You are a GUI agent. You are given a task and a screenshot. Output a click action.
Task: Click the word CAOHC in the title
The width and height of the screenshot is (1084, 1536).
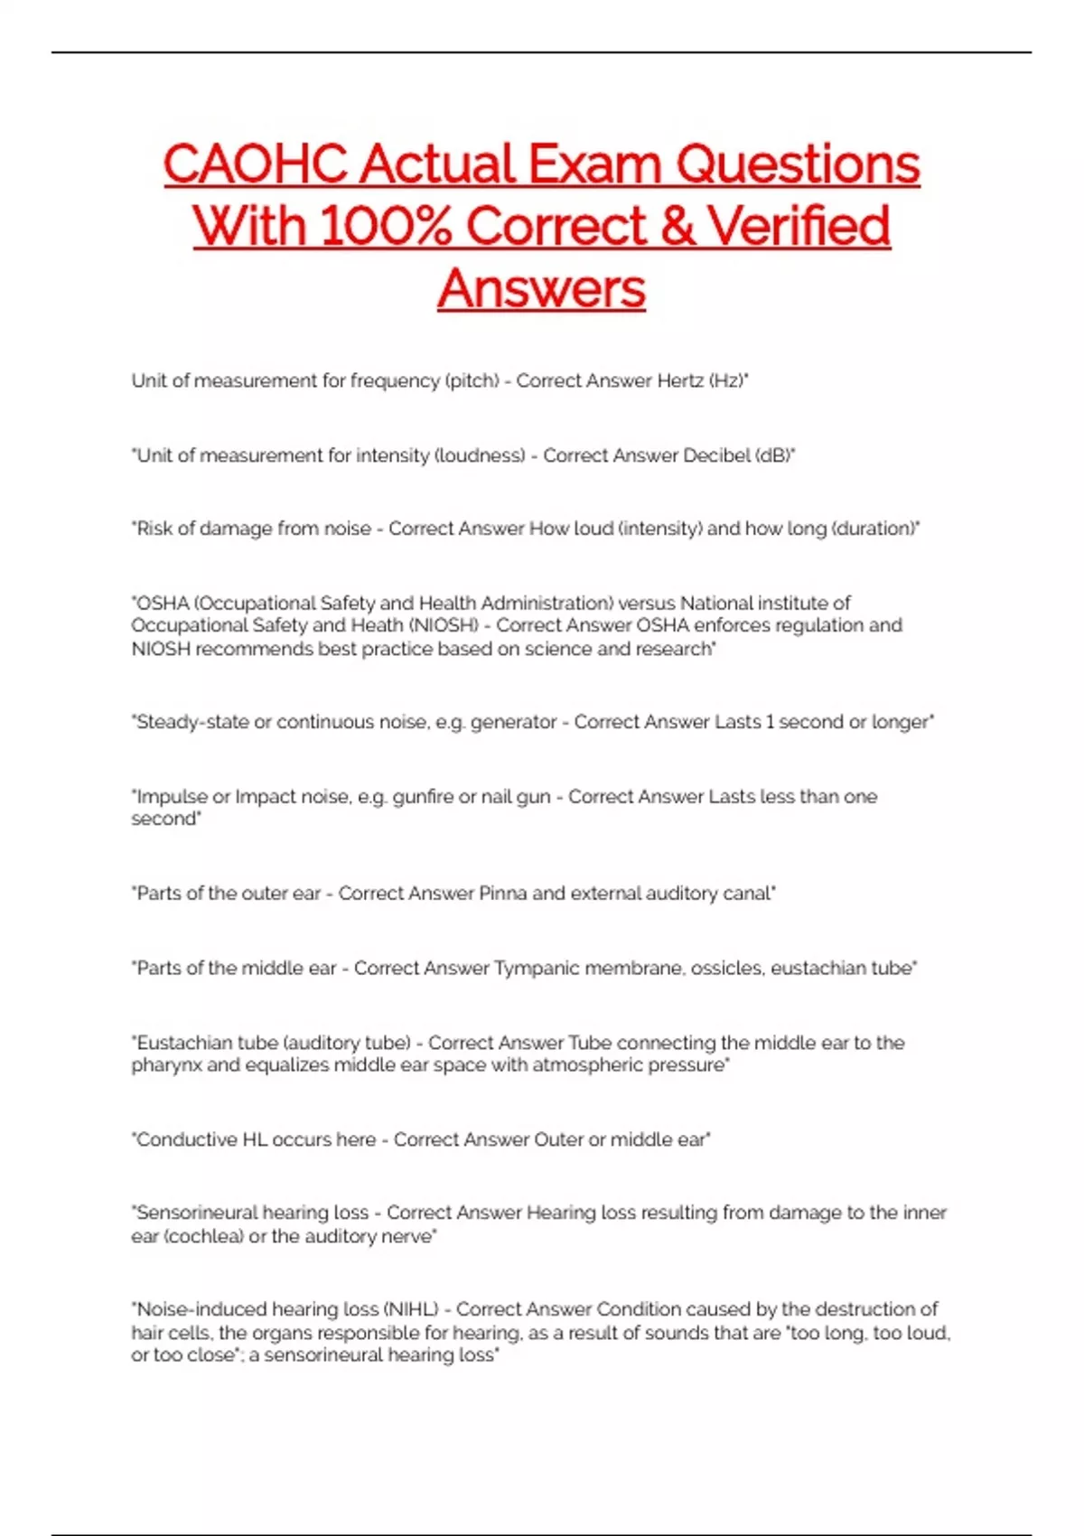256,164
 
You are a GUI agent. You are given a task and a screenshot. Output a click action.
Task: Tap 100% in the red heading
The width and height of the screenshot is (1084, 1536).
385,226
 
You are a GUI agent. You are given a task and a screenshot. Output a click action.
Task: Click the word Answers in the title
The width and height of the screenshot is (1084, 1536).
542,288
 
